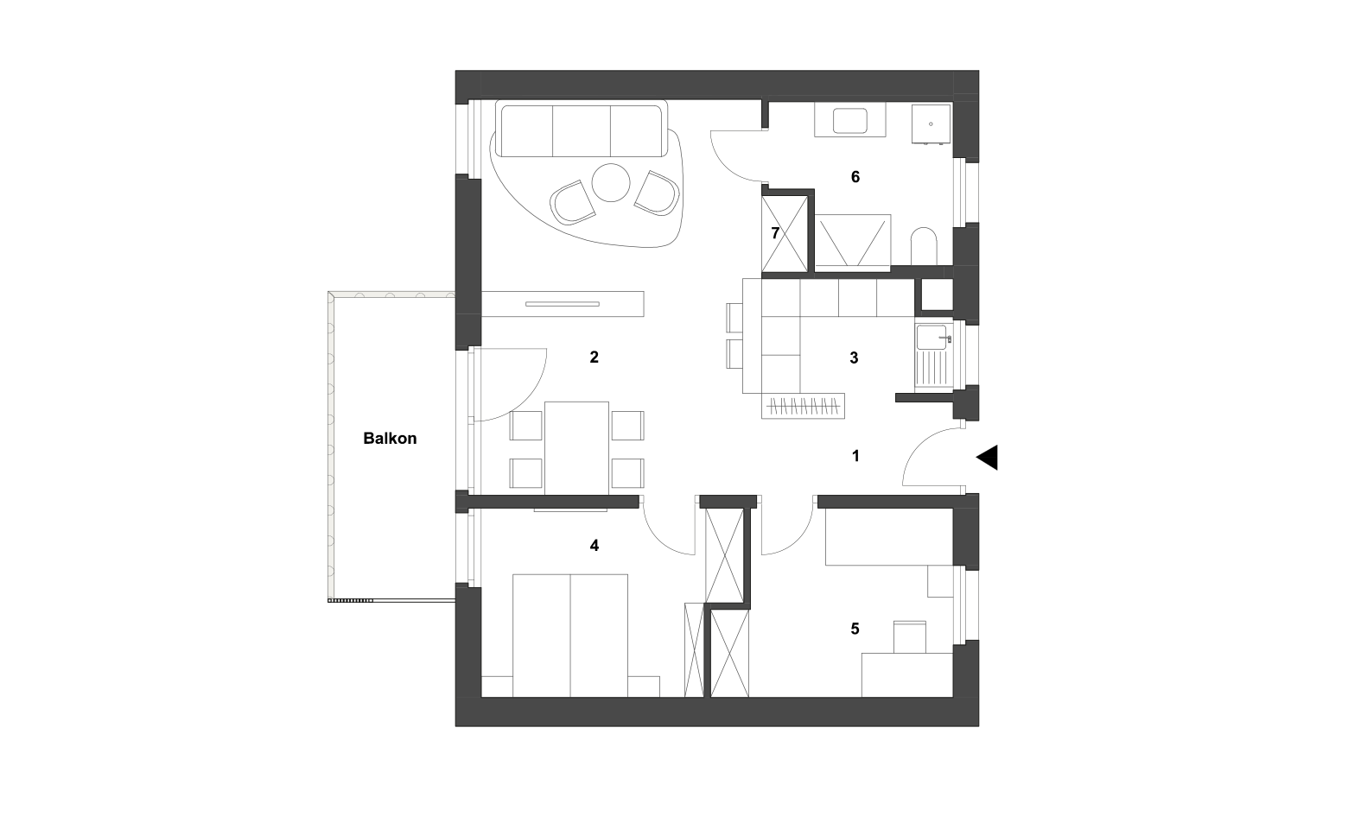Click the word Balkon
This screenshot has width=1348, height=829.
coord(390,438)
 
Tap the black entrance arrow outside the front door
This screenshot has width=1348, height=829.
coord(988,457)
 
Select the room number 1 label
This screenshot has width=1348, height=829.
coord(855,456)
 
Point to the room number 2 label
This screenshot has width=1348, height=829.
coord(594,358)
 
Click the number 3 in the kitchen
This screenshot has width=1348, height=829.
coord(854,358)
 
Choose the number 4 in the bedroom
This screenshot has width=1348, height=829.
coord(594,546)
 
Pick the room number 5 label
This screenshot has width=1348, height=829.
coord(855,629)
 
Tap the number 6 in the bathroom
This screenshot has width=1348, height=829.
coord(855,177)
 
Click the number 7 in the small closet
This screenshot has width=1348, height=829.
coord(775,233)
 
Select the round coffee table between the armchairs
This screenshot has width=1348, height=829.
coord(611,182)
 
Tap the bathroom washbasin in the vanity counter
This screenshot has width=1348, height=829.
coord(849,121)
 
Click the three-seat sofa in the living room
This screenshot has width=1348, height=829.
coord(582,129)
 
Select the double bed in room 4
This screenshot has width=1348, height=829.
coord(570,636)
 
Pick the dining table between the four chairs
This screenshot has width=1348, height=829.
coord(576,448)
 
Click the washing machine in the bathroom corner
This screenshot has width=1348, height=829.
coord(931,124)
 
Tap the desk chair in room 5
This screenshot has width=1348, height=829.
coord(909,637)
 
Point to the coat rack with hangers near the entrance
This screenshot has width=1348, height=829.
coord(803,406)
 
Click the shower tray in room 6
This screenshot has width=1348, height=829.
coord(853,240)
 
